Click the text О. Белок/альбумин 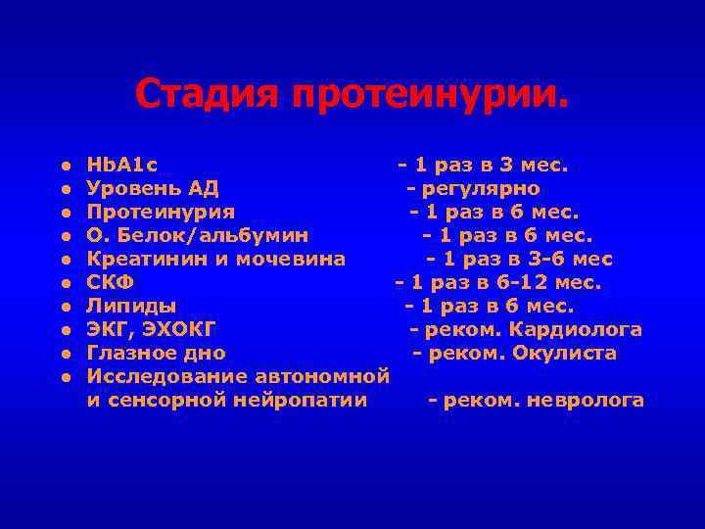198,235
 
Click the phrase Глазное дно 156,353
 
